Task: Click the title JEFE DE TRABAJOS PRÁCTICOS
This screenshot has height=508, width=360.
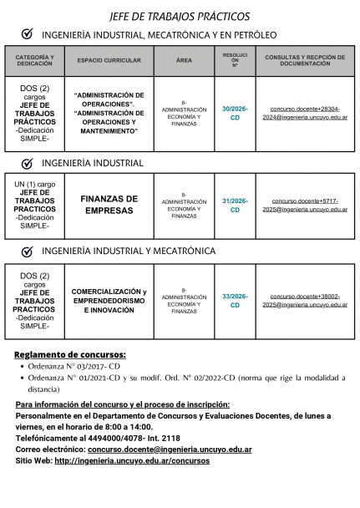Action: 180,16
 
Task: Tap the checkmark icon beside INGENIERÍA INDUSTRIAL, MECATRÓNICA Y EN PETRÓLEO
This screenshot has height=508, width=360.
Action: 28,34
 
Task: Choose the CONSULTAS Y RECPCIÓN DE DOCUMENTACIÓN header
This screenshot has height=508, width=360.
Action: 305,60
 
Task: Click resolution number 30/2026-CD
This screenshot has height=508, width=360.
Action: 235,114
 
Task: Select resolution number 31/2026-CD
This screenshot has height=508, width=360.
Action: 235,205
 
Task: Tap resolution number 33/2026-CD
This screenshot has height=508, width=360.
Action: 235,301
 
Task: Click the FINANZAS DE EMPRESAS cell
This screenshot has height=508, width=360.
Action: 109,205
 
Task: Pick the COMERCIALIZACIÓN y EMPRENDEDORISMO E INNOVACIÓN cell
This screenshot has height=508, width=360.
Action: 109,300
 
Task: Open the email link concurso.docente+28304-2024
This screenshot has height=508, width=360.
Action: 305,114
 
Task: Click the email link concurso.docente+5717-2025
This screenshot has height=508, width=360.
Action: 305,205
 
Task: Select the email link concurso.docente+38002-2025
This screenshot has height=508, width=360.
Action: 305,301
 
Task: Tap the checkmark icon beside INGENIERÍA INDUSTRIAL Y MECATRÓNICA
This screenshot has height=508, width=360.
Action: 28,251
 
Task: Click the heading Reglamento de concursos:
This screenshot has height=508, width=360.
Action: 70,353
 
